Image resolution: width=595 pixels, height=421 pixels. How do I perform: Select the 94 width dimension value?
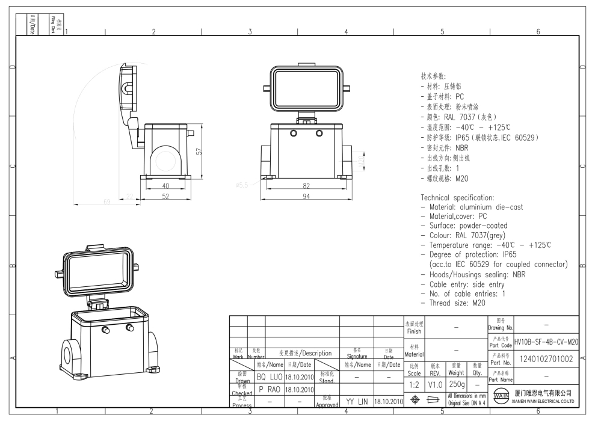pyautogui.click(x=306, y=197)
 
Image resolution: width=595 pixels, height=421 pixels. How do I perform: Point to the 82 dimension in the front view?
pyautogui.click(x=306, y=186)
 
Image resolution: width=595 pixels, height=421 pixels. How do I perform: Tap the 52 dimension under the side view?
pyautogui.click(x=165, y=197)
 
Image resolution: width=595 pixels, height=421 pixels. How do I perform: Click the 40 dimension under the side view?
pyautogui.click(x=165, y=186)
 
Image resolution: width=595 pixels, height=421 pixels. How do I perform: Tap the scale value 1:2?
pyautogui.click(x=414, y=383)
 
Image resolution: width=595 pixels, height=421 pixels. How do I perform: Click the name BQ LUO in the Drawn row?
pyautogui.click(x=269, y=377)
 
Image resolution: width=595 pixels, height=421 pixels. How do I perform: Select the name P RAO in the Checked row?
pyautogui.click(x=269, y=390)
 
